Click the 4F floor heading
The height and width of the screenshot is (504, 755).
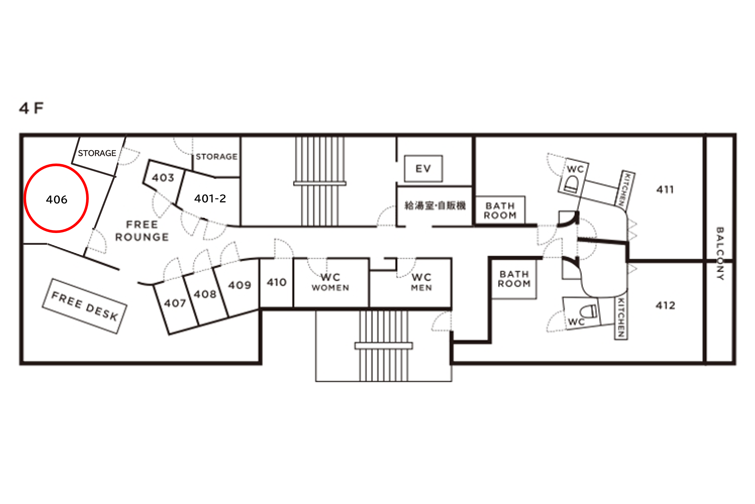tap(31, 108)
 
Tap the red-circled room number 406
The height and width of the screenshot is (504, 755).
tap(57, 200)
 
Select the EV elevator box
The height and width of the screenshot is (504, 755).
tap(423, 169)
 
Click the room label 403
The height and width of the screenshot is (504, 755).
tap(163, 177)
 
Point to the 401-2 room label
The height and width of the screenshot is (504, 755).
tap(210, 198)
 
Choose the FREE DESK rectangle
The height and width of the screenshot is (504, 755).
tap(85, 306)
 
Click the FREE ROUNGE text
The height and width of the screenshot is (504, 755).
tap(142, 231)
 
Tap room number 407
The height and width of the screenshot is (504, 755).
tap(175, 303)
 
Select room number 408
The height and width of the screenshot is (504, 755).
tap(205, 294)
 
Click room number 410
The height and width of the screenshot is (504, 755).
tap(276, 282)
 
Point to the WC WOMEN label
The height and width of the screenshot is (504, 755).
tap(330, 282)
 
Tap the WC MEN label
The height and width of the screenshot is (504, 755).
tap(421, 282)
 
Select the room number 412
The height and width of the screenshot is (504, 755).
tap(665, 305)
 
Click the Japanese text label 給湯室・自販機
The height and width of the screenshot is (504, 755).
tap(435, 205)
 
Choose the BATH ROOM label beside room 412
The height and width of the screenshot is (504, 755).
tap(514, 279)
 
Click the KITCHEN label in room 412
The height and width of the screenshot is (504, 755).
tap(621, 317)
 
